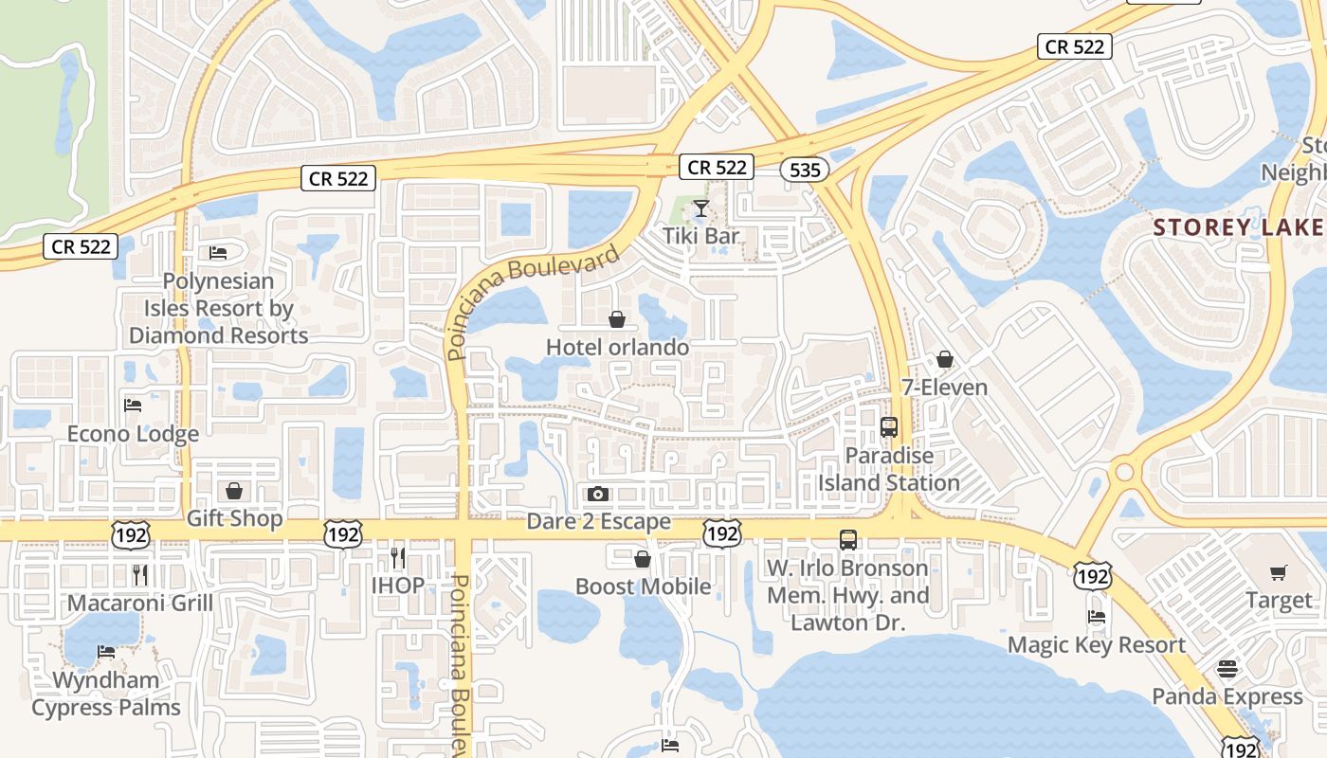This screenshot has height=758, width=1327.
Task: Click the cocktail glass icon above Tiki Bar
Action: (x=700, y=208)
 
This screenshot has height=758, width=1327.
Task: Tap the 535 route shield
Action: (x=805, y=170)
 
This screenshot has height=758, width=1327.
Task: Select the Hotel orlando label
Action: (x=617, y=348)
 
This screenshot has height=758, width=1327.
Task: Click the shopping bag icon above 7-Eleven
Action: (x=944, y=359)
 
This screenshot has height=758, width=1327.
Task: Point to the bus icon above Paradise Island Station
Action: (x=888, y=426)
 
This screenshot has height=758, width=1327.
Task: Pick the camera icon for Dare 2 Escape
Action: (x=597, y=494)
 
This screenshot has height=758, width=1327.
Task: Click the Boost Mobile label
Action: (x=643, y=587)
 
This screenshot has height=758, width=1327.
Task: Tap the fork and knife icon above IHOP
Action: (x=398, y=557)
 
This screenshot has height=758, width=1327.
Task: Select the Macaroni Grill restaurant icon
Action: (x=140, y=574)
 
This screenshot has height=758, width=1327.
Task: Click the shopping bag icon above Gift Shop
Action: (x=234, y=491)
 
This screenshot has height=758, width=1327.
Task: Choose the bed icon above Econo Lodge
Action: (x=133, y=406)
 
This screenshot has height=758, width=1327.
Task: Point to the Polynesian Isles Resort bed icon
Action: (x=217, y=253)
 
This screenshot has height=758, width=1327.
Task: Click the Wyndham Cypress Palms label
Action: (x=106, y=694)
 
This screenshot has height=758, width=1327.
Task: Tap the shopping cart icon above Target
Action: (x=1278, y=572)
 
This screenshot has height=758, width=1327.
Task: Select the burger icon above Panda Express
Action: (x=1227, y=668)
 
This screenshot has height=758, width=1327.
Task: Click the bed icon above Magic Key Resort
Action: (x=1097, y=616)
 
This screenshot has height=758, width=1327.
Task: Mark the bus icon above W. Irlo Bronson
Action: (x=847, y=540)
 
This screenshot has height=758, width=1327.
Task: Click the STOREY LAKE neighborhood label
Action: (x=1238, y=227)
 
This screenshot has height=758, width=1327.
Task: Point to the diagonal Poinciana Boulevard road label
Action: (x=533, y=301)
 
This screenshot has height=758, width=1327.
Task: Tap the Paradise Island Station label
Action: (x=889, y=469)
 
